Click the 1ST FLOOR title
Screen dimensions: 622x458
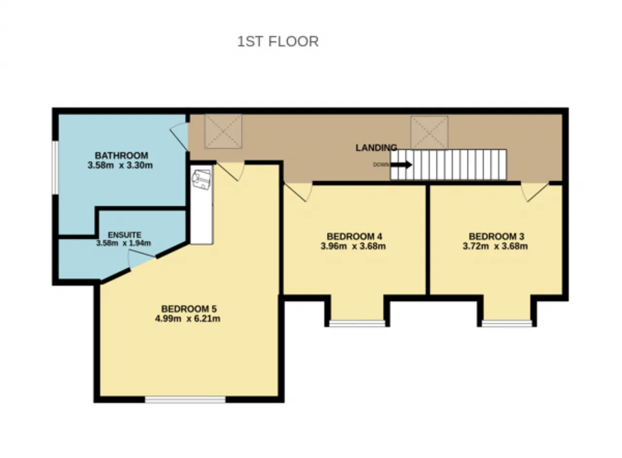[x=277, y=41]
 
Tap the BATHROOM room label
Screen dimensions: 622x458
[x=121, y=156]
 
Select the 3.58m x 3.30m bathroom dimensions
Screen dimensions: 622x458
[x=120, y=165]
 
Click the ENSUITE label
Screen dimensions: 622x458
[x=124, y=235]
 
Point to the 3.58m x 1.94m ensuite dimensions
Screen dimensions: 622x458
[x=123, y=243]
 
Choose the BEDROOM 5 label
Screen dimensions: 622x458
[x=189, y=309]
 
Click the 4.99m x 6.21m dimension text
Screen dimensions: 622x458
[x=188, y=318]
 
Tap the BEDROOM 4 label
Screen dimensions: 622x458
[x=354, y=236]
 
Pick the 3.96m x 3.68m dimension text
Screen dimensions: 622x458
[x=353, y=246]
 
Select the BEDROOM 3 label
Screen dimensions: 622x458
[x=497, y=236]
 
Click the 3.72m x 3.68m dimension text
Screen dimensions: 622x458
[x=495, y=246]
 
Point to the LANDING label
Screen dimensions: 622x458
[x=376, y=148]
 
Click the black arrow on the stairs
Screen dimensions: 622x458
[x=401, y=164]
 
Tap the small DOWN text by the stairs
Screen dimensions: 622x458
[x=381, y=165]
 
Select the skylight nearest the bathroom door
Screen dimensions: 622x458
[x=223, y=131]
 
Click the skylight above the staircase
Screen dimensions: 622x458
[x=429, y=133]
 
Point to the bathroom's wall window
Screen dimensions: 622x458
[x=55, y=168]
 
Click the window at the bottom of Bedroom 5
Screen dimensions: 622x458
[x=185, y=400]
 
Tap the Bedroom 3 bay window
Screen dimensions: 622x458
[x=507, y=323]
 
